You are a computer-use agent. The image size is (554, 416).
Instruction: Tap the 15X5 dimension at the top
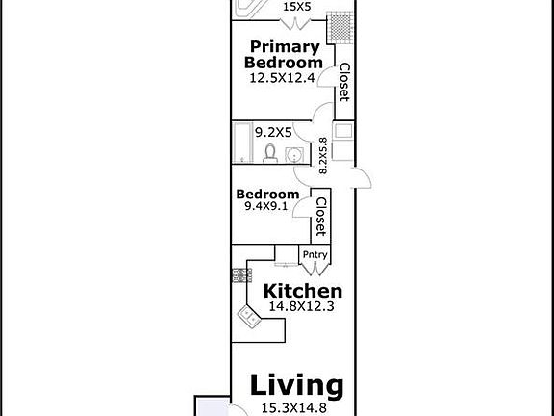tap(295, 7)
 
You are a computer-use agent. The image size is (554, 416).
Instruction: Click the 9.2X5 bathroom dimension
tap(271, 128)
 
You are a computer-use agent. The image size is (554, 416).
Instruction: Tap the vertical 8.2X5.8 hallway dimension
tap(323, 153)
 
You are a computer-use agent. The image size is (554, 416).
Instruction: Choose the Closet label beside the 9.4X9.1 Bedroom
tap(321, 218)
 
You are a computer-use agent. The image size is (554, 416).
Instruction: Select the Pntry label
tap(315, 255)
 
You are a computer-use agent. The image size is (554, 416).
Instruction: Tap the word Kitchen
tap(303, 291)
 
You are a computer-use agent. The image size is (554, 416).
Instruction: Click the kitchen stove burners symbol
tap(237, 275)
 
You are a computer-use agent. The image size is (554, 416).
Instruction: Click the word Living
tap(296, 386)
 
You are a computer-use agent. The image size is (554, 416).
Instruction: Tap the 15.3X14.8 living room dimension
tap(296, 408)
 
